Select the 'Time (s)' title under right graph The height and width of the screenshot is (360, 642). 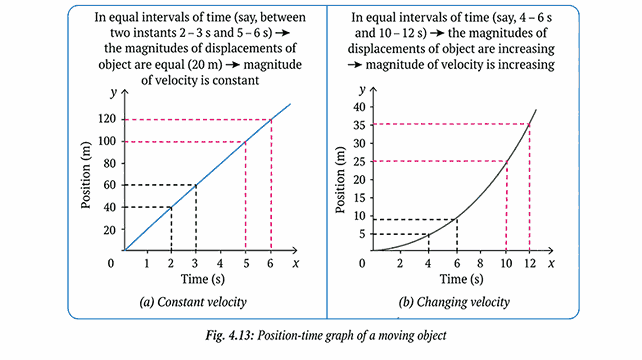click(459, 280)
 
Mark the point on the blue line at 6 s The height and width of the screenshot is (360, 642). click(271, 120)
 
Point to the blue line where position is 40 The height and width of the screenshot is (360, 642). click(172, 206)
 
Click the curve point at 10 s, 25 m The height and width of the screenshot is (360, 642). click(507, 161)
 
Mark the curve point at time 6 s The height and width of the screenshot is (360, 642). click(457, 218)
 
